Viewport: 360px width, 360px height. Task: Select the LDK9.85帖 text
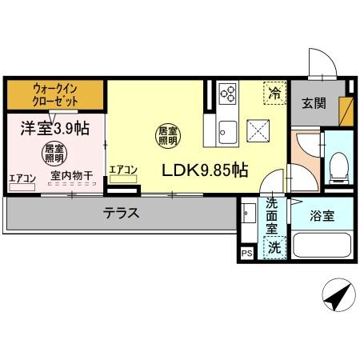coord(206,170)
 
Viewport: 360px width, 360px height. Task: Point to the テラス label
coord(122,214)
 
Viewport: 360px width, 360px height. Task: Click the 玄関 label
coord(314,102)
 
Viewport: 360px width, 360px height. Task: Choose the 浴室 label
coord(325,214)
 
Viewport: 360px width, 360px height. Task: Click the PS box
coord(246,255)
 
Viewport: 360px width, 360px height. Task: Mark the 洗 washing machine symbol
coord(274,247)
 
